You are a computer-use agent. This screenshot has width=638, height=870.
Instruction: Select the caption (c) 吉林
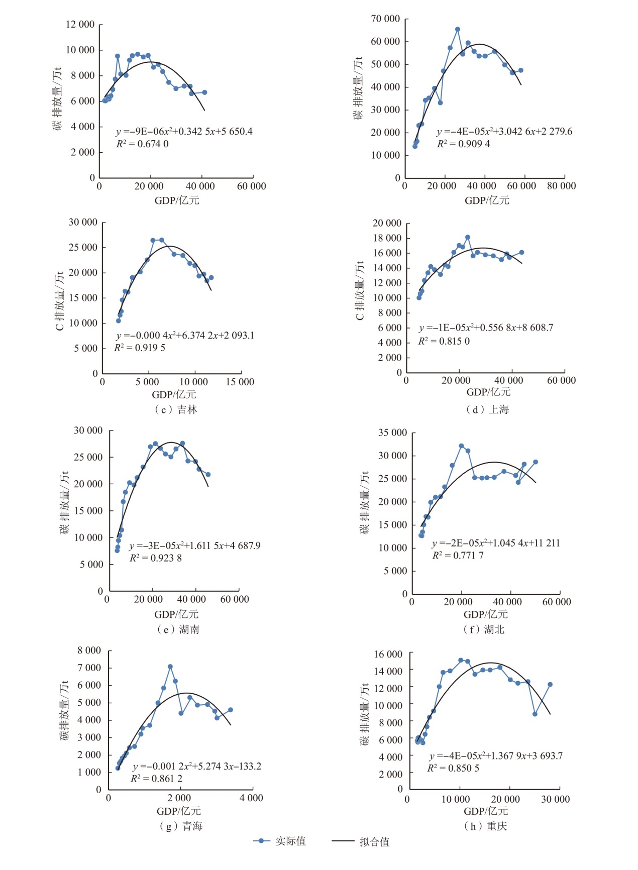click(176, 410)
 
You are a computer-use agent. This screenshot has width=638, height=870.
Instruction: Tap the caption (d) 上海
click(487, 410)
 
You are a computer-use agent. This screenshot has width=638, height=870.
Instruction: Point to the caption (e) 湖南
click(178, 629)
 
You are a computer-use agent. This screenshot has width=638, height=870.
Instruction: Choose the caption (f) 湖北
click(484, 629)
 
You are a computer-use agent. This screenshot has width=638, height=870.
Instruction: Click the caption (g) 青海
click(180, 826)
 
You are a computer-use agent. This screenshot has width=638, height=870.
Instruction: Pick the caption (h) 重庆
click(485, 826)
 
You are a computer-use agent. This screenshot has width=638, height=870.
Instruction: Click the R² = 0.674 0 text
click(143, 144)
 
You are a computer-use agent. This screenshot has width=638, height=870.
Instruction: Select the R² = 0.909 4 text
click(464, 144)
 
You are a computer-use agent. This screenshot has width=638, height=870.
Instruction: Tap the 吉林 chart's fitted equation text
click(185, 336)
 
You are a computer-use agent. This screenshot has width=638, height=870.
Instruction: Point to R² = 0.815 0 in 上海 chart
click(444, 342)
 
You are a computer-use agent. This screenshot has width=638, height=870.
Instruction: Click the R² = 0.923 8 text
click(156, 558)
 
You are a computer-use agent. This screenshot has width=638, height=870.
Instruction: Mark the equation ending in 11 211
click(496, 543)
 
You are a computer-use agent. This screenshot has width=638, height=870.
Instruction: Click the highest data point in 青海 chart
click(170, 667)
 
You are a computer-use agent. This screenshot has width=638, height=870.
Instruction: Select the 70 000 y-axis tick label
click(385, 19)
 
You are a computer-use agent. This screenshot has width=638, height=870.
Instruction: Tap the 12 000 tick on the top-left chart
click(80, 25)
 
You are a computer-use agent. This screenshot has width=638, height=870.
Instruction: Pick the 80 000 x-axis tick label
click(561, 186)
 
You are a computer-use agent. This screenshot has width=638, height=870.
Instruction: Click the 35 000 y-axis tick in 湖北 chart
click(392, 433)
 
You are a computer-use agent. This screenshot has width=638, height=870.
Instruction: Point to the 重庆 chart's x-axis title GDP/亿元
click(486, 811)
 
